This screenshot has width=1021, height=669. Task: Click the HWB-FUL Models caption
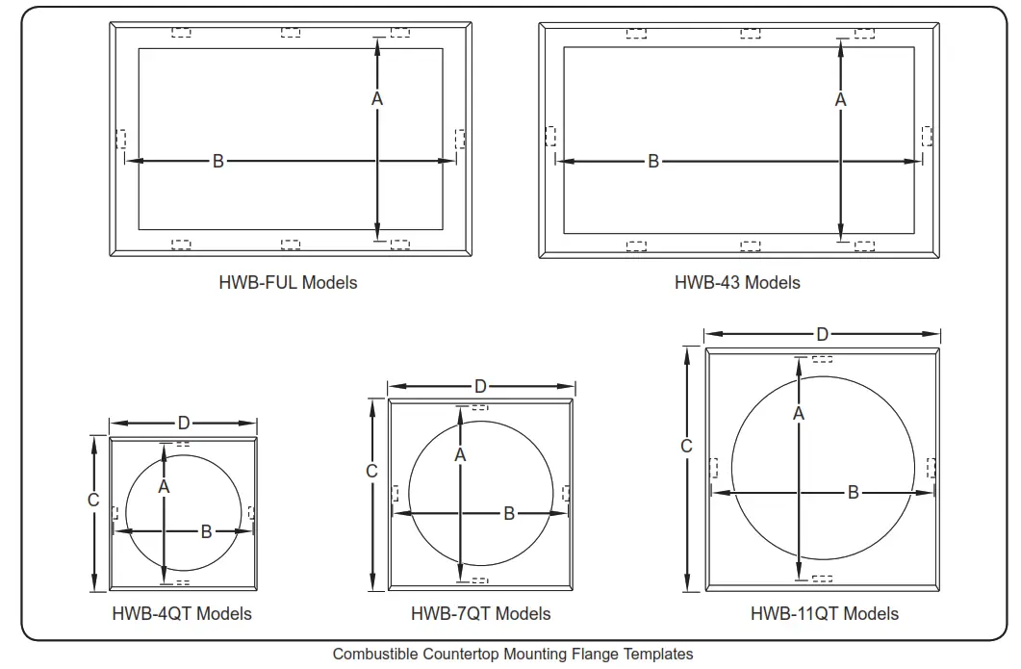tap(288, 283)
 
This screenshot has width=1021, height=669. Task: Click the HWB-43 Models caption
tap(737, 283)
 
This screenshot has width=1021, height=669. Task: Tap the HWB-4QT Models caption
tap(182, 613)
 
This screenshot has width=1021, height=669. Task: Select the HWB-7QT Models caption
tap(480, 613)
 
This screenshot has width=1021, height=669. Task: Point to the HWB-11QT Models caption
tap(825, 613)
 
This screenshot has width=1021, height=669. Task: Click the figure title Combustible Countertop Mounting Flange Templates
tap(513, 654)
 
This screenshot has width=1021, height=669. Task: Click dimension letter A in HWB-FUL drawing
tap(377, 99)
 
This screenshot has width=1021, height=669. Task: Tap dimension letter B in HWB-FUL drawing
tap(218, 161)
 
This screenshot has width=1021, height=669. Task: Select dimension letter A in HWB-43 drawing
tap(841, 100)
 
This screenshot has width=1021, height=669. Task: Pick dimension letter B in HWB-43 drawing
tap(653, 161)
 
